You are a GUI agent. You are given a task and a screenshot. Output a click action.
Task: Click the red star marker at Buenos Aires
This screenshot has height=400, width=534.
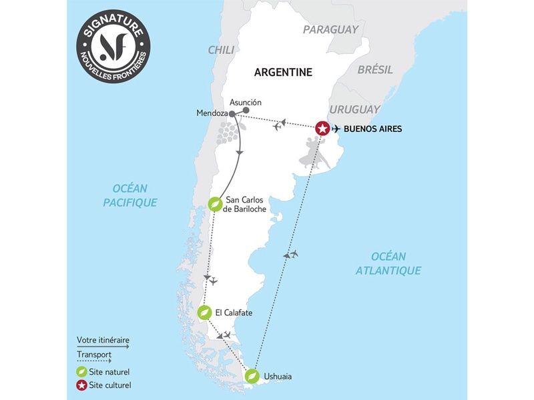(322, 128)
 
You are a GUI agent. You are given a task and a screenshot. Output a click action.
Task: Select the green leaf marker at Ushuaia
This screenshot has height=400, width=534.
(251, 376)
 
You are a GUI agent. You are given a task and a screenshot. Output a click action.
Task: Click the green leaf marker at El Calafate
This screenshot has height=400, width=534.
(205, 312)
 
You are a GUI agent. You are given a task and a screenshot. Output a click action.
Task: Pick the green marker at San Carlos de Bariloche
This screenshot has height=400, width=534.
(215, 204)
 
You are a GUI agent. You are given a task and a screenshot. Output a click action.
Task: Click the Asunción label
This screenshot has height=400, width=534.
(245, 102)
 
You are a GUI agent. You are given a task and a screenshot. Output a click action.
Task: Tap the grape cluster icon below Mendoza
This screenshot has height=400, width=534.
(226, 133)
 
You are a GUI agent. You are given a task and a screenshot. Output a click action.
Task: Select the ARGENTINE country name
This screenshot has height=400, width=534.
(284, 72)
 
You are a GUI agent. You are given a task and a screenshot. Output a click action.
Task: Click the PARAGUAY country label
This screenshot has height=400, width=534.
(330, 29)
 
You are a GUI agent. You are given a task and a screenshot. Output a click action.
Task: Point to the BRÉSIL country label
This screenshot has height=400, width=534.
(375, 69)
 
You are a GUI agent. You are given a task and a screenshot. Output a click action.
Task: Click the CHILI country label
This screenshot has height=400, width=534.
(221, 50)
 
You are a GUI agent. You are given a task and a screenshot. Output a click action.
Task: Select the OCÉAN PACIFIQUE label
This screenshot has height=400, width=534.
(130, 195)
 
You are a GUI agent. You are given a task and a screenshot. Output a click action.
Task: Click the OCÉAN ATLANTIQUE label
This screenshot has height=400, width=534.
(388, 263)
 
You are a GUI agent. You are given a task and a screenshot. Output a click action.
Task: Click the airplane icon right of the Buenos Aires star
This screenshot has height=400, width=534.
(336, 129)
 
